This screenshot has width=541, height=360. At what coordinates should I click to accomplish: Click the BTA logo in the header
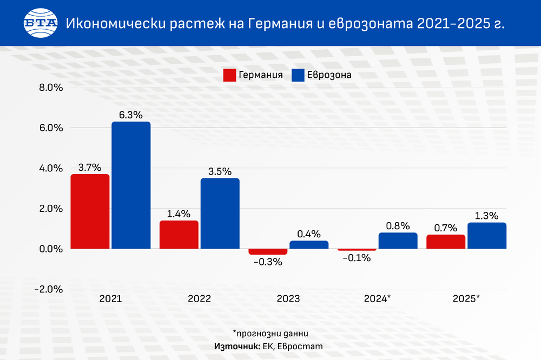tap(40, 23)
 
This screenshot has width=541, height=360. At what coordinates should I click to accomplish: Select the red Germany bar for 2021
tap(90, 211)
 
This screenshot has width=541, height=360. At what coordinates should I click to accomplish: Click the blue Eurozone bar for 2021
tap(131, 185)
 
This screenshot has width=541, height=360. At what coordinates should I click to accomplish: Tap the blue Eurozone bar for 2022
tap(220, 214)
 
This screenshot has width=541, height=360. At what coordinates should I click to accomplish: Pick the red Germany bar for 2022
tap(179, 235)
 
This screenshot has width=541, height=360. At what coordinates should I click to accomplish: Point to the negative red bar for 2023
tap(268, 252)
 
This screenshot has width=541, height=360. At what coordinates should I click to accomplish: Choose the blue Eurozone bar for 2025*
tap(487, 236)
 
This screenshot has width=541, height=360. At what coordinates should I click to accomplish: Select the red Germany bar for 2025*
tap(446, 242)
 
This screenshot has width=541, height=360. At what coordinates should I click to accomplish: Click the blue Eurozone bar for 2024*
tap(398, 241)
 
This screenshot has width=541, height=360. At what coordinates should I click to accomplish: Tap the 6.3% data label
tap(131, 115)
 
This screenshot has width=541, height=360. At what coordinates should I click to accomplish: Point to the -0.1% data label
tap(357, 258)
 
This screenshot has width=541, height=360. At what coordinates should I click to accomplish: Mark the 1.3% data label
tap(487, 216)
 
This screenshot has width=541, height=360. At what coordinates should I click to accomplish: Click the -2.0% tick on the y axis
tap(49, 289)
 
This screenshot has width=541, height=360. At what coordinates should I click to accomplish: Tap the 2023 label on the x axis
tap(288, 298)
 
